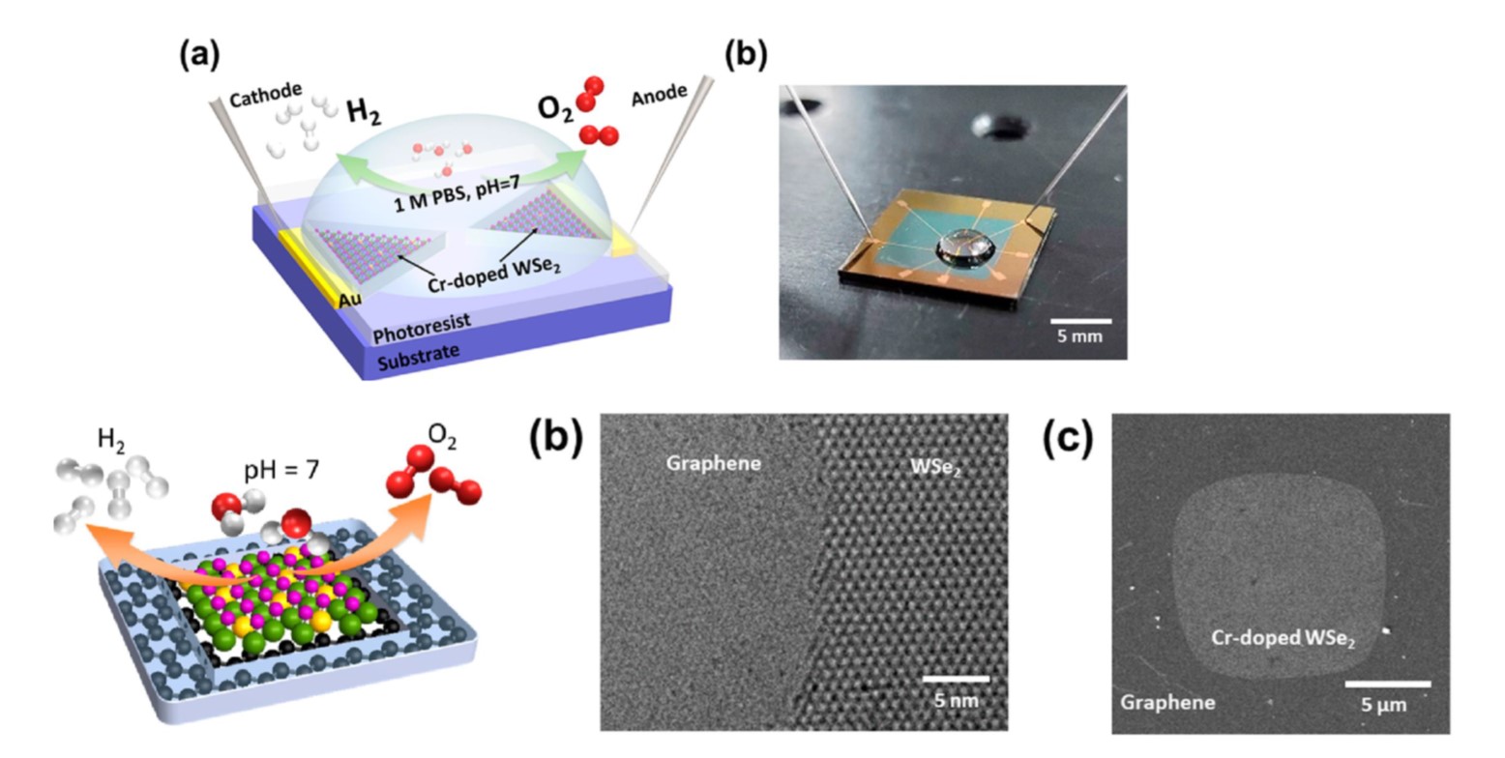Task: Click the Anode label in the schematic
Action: [660, 97]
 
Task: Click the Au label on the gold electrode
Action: [350, 301]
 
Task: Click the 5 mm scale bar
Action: [1080, 321]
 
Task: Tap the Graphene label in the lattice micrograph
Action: [713, 463]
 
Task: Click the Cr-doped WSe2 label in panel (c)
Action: [1283, 639]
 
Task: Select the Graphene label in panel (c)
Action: [1167, 701]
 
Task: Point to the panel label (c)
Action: [1067, 438]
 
